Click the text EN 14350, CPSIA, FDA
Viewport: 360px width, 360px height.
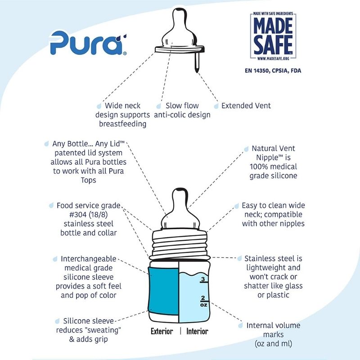(273, 71)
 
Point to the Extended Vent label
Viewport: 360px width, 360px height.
(246, 106)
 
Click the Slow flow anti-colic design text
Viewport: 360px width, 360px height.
(182, 110)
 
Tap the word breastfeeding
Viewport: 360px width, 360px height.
(123, 124)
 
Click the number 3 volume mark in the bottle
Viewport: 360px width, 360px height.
(203, 279)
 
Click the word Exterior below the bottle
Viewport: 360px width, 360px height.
(162, 332)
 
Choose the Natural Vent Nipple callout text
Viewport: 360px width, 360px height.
(273, 162)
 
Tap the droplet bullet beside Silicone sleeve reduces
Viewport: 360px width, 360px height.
(57, 321)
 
